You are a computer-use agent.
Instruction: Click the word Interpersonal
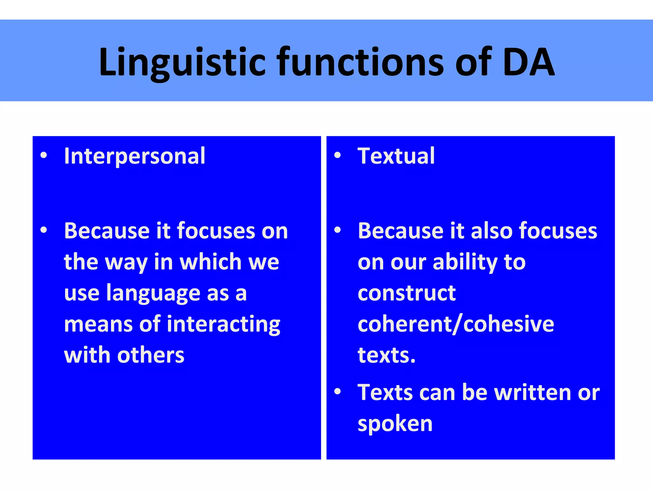click(135, 156)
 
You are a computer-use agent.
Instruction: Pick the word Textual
click(396, 156)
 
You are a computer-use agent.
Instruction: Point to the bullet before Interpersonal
click(44, 156)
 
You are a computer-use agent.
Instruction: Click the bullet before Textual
click(337, 156)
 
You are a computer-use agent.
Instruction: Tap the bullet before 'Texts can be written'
click(337, 391)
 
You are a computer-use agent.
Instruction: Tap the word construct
click(407, 293)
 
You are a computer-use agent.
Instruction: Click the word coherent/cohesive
click(456, 324)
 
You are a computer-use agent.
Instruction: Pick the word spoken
click(395, 424)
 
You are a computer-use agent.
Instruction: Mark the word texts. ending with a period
click(386, 355)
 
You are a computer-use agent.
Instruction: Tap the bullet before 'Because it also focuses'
click(337, 230)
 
